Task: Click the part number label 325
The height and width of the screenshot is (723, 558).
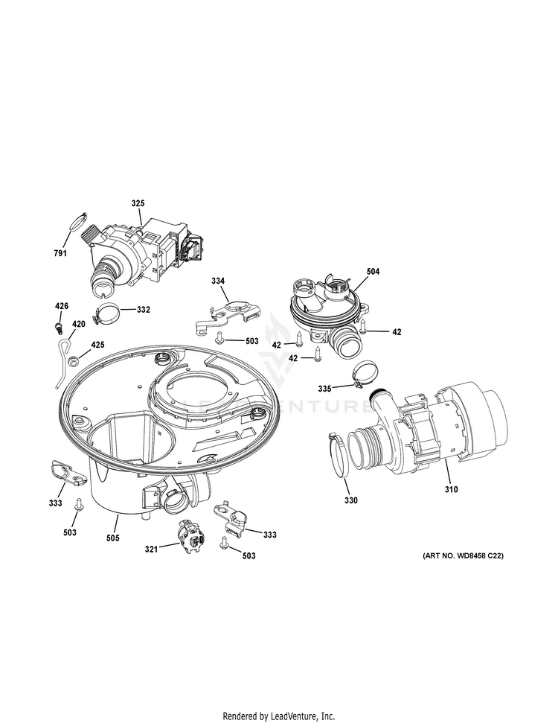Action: [138, 203]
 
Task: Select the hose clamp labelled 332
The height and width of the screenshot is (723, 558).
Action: [106, 316]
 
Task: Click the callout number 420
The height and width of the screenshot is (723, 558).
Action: [78, 324]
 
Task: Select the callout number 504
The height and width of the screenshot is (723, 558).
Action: [373, 272]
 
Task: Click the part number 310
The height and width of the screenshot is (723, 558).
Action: [452, 489]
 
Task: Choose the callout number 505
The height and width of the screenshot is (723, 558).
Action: [112, 537]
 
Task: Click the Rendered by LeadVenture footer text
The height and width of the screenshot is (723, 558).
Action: [279, 716]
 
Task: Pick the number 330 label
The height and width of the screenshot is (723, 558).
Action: [351, 500]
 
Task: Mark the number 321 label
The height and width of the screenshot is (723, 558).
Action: [151, 549]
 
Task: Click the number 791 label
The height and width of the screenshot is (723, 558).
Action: [60, 253]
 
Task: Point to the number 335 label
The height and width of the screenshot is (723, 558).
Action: [324, 388]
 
